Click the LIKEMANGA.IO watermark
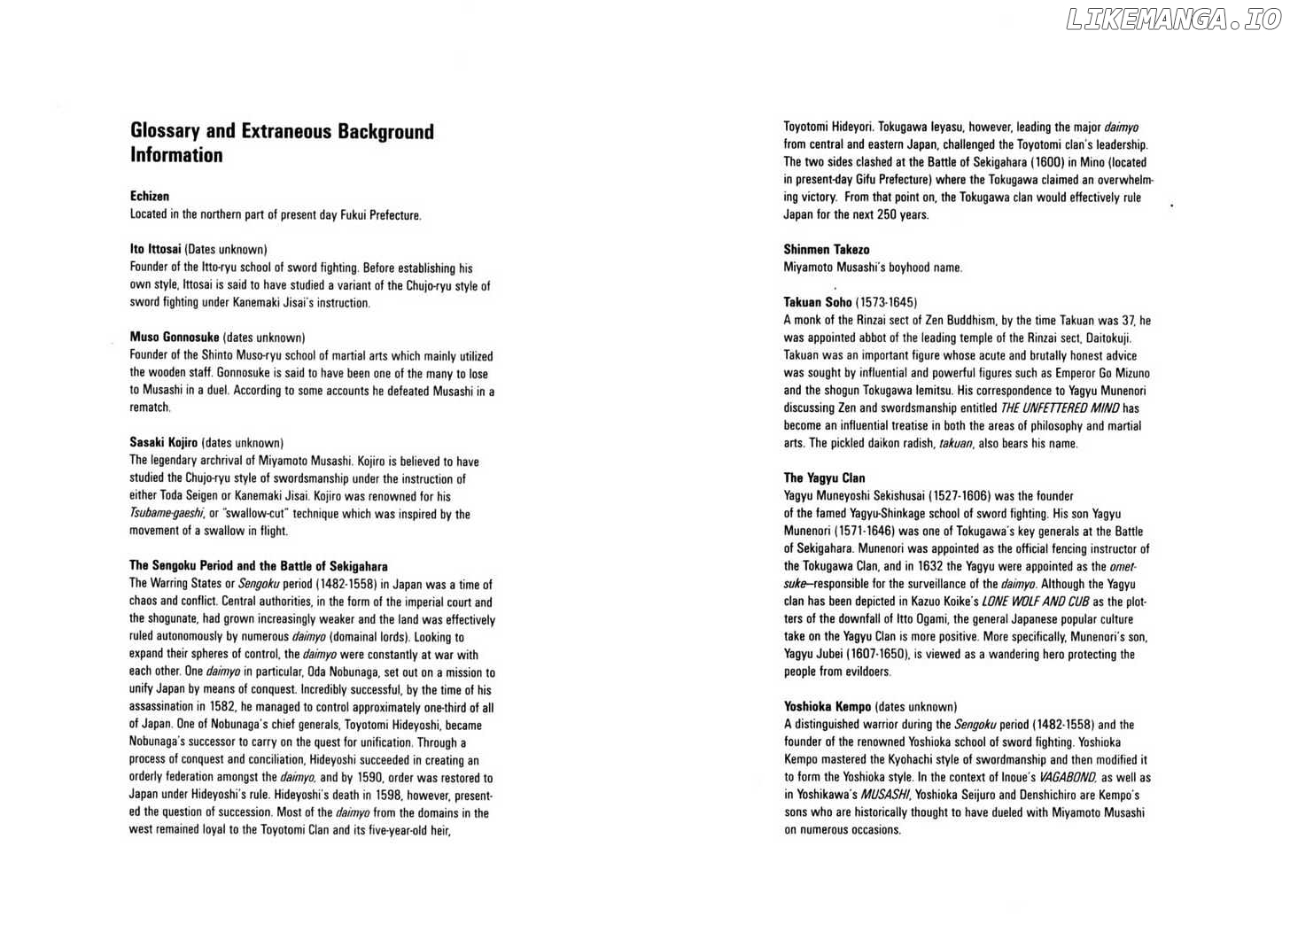tap(1173, 20)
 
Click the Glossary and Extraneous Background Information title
tap(282, 143)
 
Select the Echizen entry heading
tap(150, 197)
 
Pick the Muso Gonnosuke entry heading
tap(175, 338)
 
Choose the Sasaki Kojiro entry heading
tap(164, 443)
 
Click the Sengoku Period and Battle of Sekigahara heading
tap(259, 566)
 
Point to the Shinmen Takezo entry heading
tap(827, 250)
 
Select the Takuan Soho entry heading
tap(817, 302)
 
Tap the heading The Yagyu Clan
tap(824, 478)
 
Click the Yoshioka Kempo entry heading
tap(828, 707)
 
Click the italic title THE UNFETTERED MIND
tap(1060, 408)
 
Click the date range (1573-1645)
tap(886, 302)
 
